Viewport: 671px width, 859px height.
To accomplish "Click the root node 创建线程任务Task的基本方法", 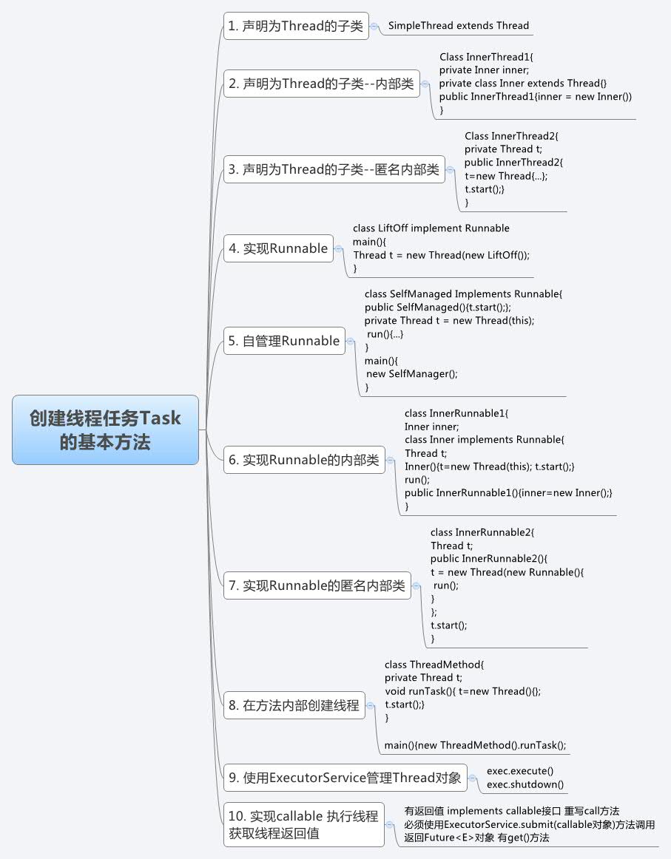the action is click(x=105, y=429).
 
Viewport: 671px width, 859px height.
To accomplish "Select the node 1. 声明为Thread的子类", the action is click(x=296, y=26).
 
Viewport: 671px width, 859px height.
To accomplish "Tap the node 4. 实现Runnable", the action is click(x=278, y=248).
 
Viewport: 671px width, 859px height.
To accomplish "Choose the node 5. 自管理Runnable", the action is click(x=285, y=341).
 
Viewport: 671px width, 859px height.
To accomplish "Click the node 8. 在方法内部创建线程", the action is click(x=294, y=705).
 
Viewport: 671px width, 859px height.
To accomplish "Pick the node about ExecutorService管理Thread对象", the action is click(x=345, y=778).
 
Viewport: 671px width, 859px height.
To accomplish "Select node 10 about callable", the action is click(x=304, y=824).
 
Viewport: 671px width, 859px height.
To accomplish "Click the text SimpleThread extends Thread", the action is click(x=458, y=25).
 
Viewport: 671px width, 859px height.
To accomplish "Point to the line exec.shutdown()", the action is click(x=525, y=784).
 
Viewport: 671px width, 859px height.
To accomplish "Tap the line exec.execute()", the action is click(x=520, y=771).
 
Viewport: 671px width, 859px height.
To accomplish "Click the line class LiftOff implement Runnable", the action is click(x=431, y=228).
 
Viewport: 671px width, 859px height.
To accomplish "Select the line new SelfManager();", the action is click(x=412, y=373).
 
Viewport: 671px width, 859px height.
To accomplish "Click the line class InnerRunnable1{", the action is click(x=456, y=413).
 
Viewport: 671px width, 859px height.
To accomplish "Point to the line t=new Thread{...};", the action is click(x=506, y=176).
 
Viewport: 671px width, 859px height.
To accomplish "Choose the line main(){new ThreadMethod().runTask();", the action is click(x=475, y=745).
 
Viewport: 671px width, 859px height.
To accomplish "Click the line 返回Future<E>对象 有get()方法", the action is click(x=477, y=838).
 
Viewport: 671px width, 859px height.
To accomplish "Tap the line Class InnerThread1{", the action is click(x=486, y=56).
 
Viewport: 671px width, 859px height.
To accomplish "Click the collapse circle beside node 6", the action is click(x=391, y=460).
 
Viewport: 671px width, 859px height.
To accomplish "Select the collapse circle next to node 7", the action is click(x=417, y=586).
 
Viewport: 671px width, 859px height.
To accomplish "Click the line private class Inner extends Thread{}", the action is click(x=523, y=84).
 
